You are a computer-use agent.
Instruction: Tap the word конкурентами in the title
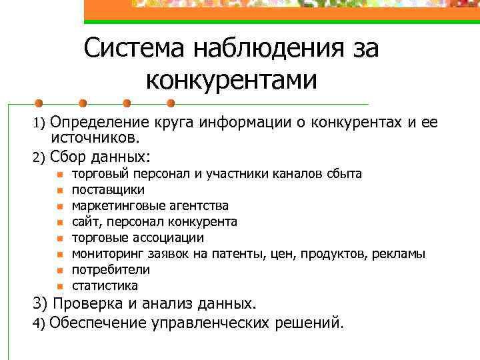click(x=231, y=81)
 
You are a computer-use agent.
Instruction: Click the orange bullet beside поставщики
click(x=59, y=190)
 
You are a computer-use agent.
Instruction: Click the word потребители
click(x=111, y=270)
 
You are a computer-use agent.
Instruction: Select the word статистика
click(x=105, y=286)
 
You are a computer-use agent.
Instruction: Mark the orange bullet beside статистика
click(x=59, y=287)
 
